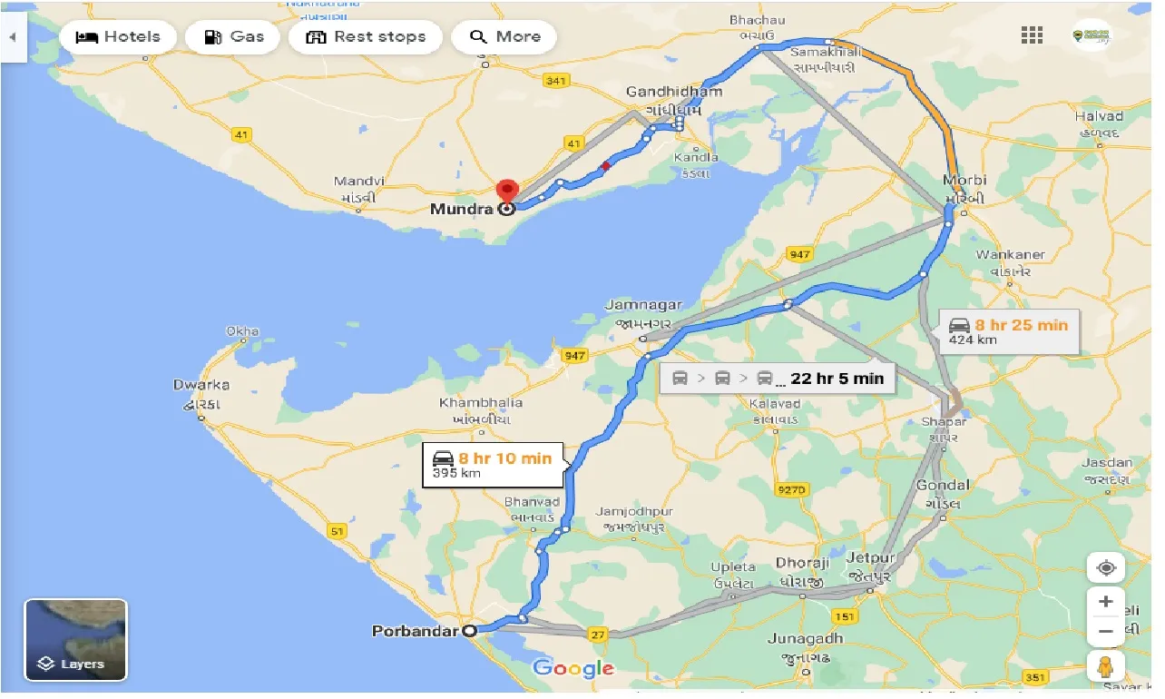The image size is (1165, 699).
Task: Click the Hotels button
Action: [x=118, y=37]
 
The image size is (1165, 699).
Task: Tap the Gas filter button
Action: [x=233, y=37]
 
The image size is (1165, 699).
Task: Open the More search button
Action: [x=504, y=37]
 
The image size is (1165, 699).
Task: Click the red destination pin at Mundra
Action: [x=506, y=192]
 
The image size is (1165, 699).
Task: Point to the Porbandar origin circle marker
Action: [x=469, y=631]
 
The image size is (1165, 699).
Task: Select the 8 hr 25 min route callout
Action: [x=1008, y=331]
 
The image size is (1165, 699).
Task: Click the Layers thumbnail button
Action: [x=75, y=640]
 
